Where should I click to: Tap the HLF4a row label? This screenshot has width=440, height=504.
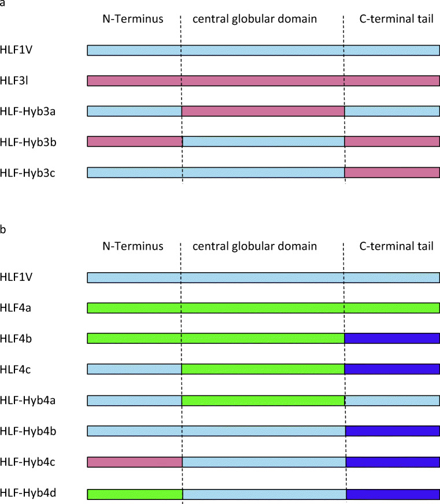tap(16, 308)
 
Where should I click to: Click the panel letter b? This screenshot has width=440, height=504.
tap(3, 230)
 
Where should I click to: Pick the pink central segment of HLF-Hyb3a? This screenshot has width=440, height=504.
tap(263, 111)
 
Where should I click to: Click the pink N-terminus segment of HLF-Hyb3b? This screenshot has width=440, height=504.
tap(135, 142)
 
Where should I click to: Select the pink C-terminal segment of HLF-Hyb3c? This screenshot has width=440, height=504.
tap(392, 172)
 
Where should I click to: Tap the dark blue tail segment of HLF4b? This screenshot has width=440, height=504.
tap(392, 338)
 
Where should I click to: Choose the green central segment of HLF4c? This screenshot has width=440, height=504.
tap(263, 369)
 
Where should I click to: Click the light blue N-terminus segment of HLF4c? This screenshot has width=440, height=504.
tap(135, 369)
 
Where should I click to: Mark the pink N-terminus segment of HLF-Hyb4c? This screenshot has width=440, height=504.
tap(135, 461)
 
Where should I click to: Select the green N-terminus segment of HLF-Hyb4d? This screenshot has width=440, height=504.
tap(135, 494)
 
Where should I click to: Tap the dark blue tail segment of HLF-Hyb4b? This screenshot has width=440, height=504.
tap(393, 431)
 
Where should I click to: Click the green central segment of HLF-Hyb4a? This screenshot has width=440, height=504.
tap(263, 400)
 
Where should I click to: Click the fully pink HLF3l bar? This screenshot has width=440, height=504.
tap(263, 80)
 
